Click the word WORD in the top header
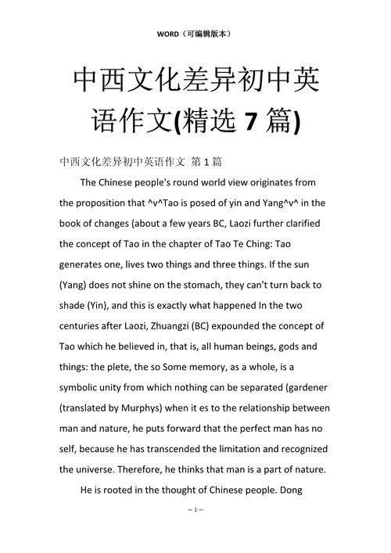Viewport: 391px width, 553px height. point(168,34)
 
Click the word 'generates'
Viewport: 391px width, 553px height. point(86,264)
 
